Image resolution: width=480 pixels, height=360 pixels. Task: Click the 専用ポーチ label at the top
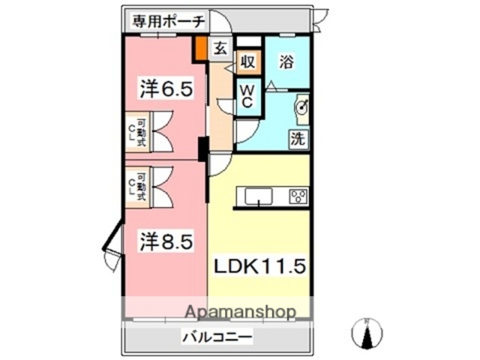point(167,21)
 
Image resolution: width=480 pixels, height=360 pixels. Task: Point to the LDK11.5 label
point(260,266)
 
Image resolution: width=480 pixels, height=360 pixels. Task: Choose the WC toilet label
point(247,96)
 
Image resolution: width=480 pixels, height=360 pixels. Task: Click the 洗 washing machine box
point(298,138)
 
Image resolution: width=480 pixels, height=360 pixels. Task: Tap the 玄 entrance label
point(220,49)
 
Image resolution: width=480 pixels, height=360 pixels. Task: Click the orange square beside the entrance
point(201,49)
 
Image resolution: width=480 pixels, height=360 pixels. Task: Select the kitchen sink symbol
point(256,197)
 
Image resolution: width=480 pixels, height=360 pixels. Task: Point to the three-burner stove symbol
point(297,197)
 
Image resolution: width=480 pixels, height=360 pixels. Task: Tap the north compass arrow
point(367,334)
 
